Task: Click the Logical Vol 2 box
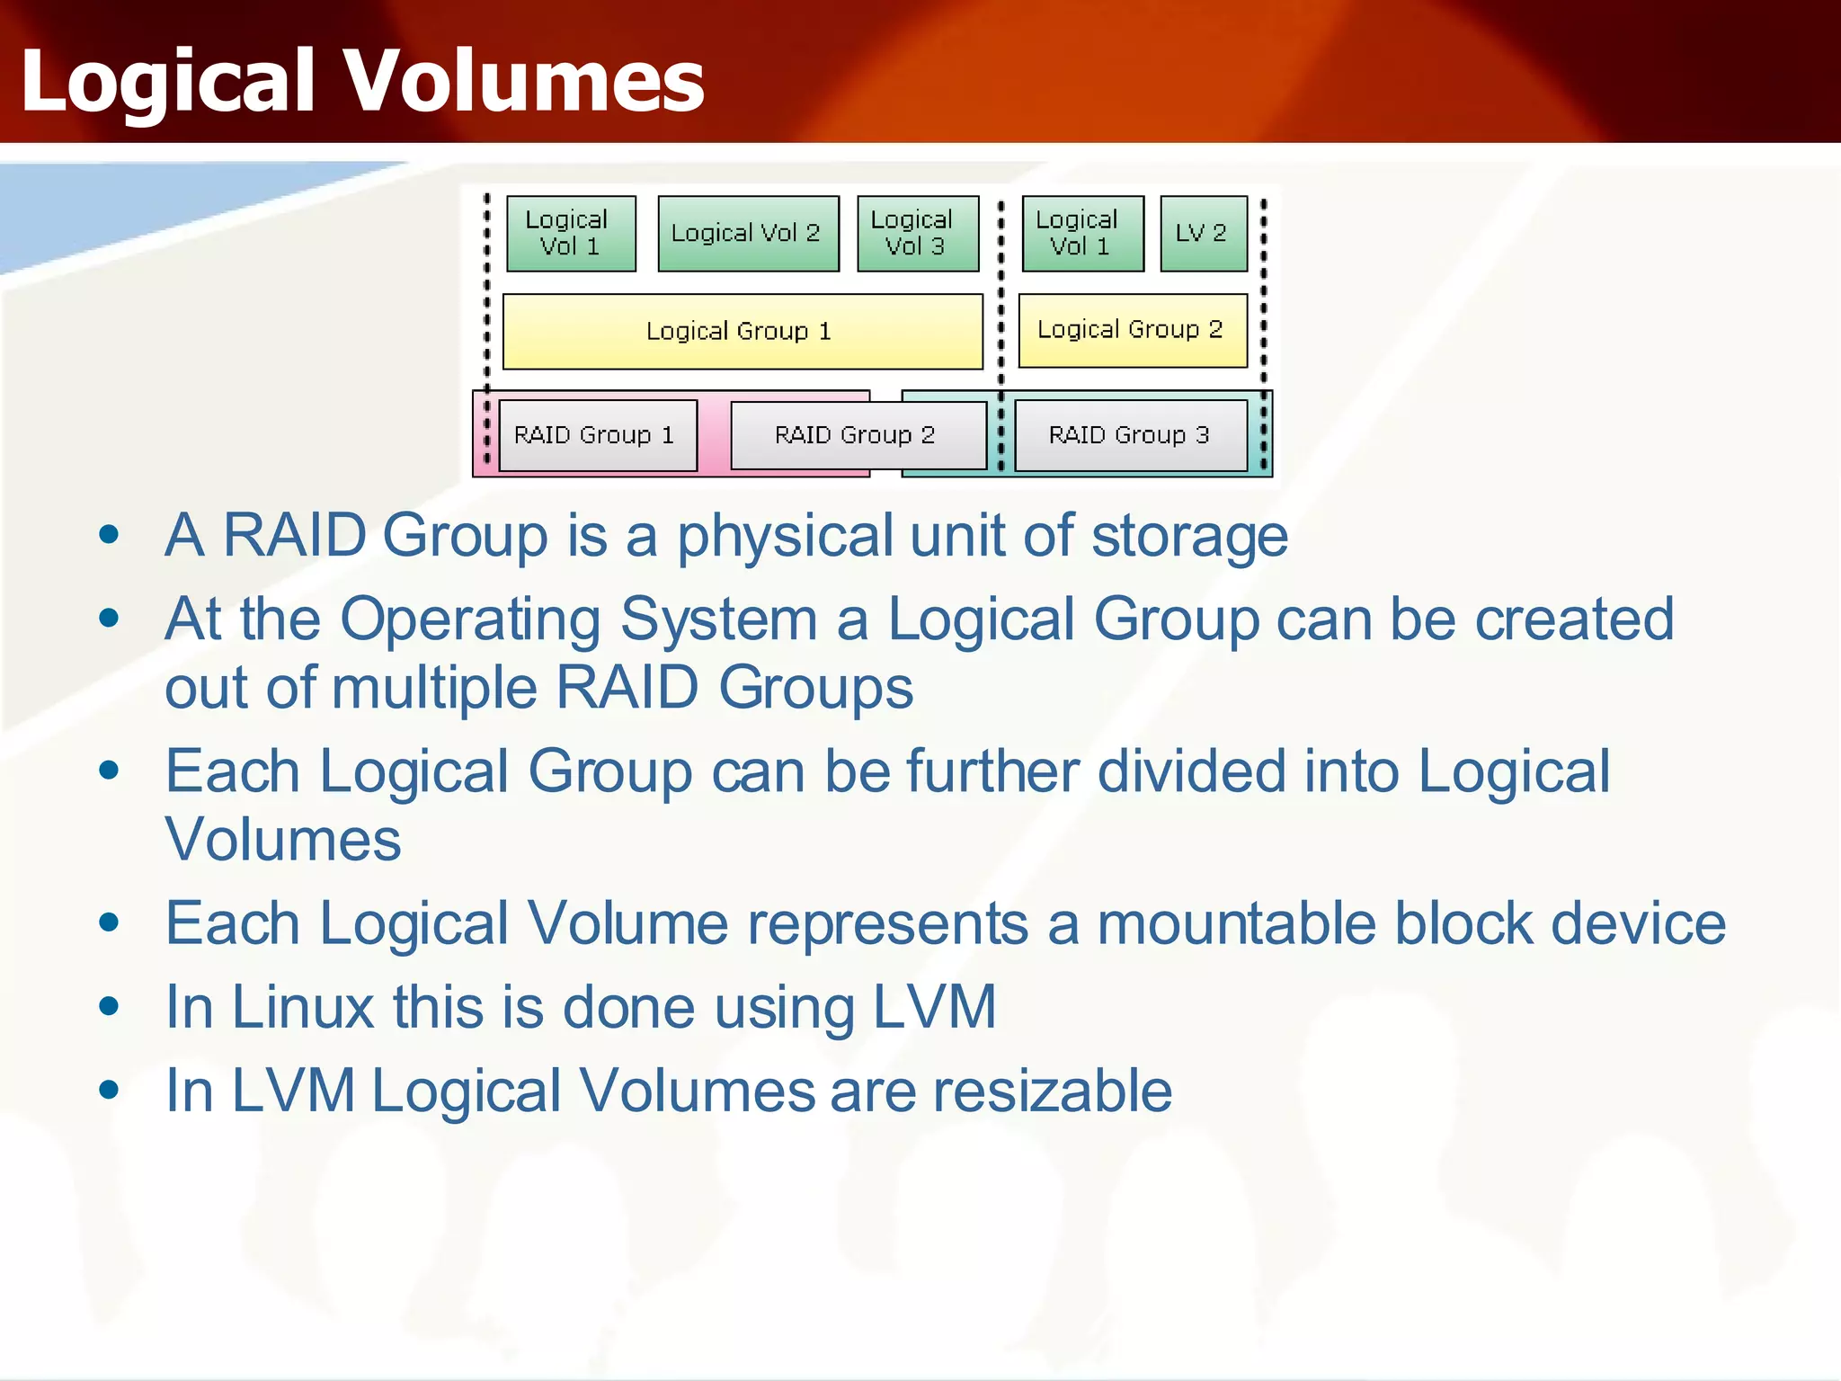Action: (x=747, y=234)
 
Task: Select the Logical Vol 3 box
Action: (x=917, y=234)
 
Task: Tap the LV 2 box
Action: (x=1203, y=234)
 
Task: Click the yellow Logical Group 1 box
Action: (x=742, y=331)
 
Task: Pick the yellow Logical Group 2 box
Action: (x=1132, y=330)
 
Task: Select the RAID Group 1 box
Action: (x=597, y=435)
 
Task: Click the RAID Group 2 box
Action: (x=857, y=435)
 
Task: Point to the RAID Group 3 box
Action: (x=1130, y=435)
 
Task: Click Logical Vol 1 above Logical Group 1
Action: (x=570, y=234)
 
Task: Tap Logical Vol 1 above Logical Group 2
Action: (x=1082, y=234)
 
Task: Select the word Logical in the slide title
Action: (x=168, y=82)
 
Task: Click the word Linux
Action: (x=302, y=1007)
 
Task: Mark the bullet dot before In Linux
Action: (x=110, y=1006)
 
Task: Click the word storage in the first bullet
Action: (x=1189, y=537)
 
